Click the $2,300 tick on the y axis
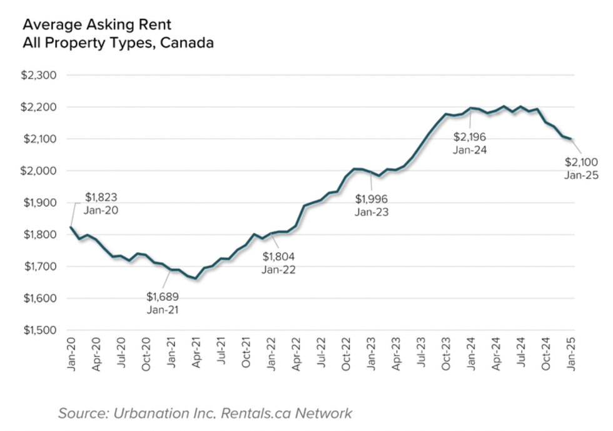39,76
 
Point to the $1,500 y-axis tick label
39,330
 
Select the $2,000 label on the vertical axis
39,171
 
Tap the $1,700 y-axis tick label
39,266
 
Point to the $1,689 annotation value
162,297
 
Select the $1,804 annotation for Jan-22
278,256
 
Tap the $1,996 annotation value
372,199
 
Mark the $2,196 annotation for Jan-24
470,137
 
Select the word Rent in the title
157,25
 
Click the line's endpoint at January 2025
571,139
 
